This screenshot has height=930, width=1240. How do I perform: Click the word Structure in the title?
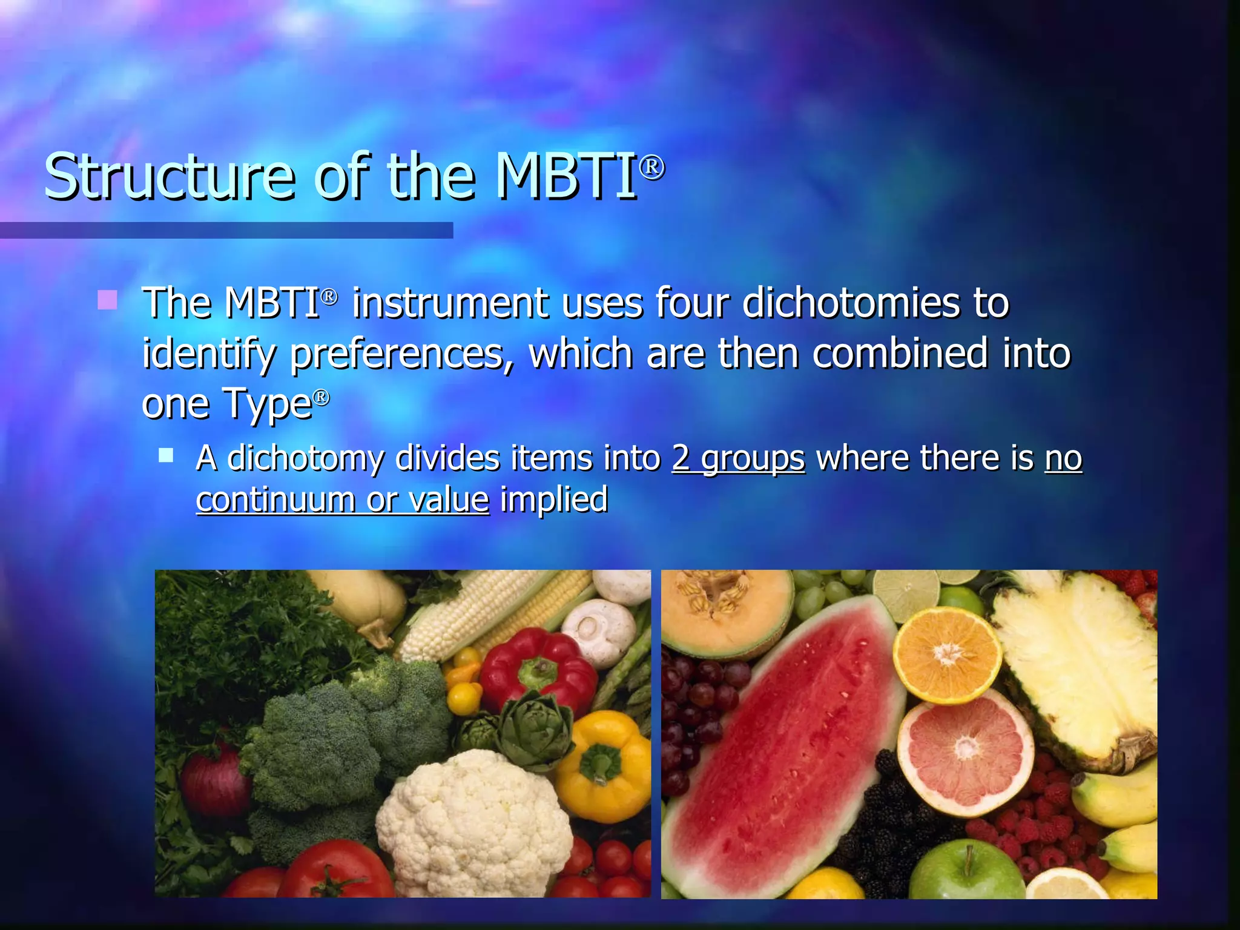pos(170,177)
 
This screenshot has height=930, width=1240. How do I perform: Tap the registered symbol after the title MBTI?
pos(651,167)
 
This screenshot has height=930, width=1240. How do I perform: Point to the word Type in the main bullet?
pos(267,404)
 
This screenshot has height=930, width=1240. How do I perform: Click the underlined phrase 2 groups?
pos(738,458)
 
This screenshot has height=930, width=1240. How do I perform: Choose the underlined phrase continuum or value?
pos(342,500)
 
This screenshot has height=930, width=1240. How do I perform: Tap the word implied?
pos(553,500)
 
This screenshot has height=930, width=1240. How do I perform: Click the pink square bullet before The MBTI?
pos(107,299)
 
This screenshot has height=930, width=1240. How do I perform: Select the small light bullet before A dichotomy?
pos(166,455)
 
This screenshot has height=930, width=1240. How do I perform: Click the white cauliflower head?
pos(473,823)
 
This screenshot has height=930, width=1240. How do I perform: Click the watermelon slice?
pos(781,745)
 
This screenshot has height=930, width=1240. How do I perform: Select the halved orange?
pos(948,654)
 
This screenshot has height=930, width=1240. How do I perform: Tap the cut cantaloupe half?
pos(724,612)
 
